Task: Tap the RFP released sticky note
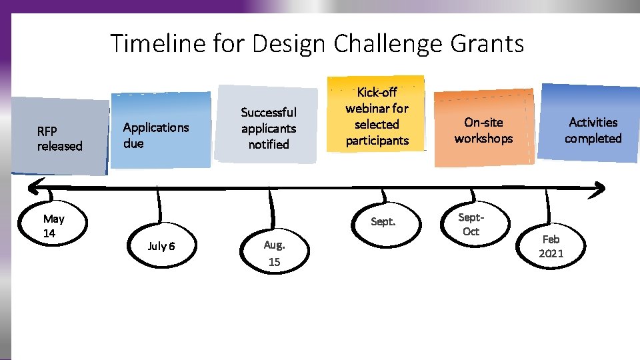[x=59, y=137]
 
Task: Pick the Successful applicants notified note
[x=268, y=127]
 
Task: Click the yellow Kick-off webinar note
[x=377, y=115]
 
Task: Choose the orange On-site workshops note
[x=483, y=129]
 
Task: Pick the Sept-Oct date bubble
[x=471, y=225]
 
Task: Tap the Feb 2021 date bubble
[x=551, y=246]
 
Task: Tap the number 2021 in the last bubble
[x=551, y=253]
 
